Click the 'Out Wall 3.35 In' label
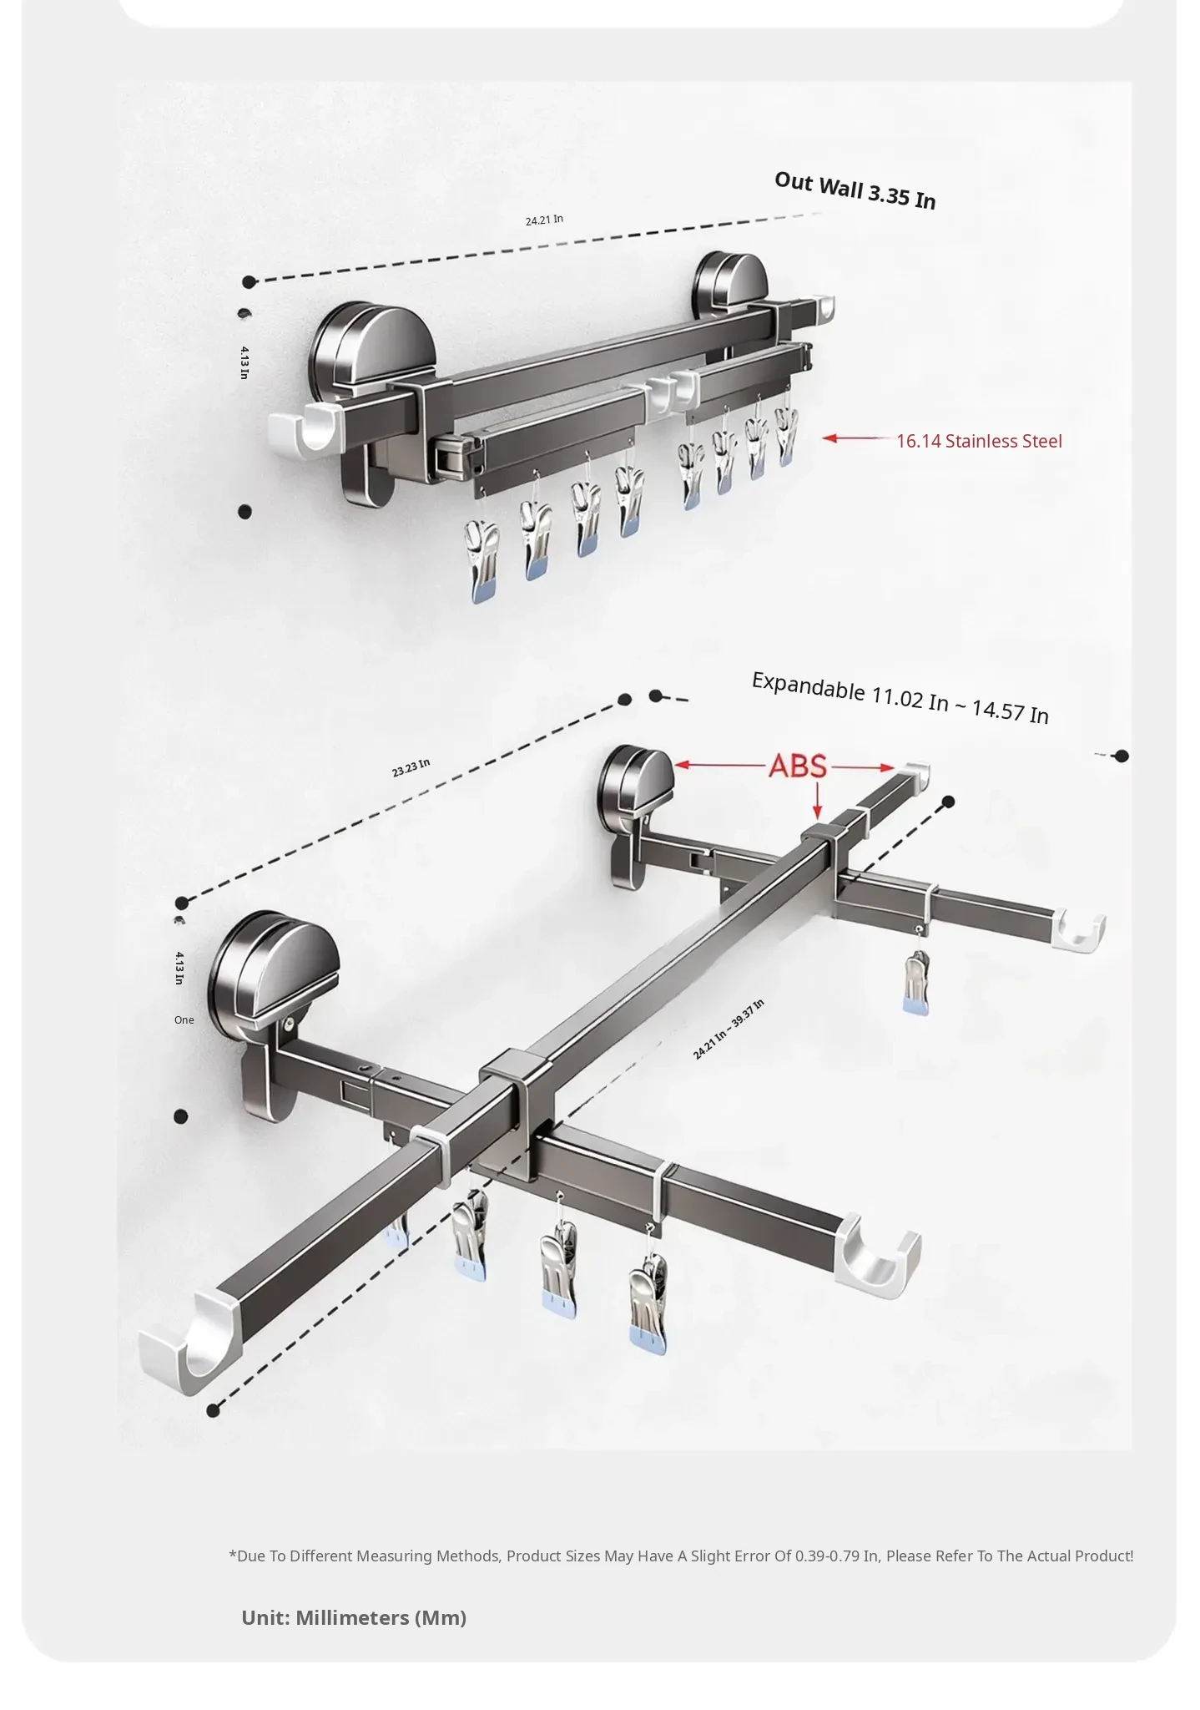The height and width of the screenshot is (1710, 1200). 855,191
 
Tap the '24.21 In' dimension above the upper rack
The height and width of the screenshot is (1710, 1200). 544,220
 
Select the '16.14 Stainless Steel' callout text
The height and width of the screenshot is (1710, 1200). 979,441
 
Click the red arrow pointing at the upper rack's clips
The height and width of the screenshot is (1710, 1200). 856,438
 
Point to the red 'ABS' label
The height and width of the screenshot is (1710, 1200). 797,766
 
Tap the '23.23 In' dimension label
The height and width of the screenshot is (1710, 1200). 411,767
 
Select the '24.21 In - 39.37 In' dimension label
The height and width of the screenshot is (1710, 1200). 729,1029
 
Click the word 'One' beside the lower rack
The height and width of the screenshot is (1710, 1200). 184,1019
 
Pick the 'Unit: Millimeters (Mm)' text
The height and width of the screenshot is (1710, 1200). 354,1617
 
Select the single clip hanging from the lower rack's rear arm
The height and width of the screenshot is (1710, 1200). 916,982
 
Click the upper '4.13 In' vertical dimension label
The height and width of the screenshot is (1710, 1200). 245,362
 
